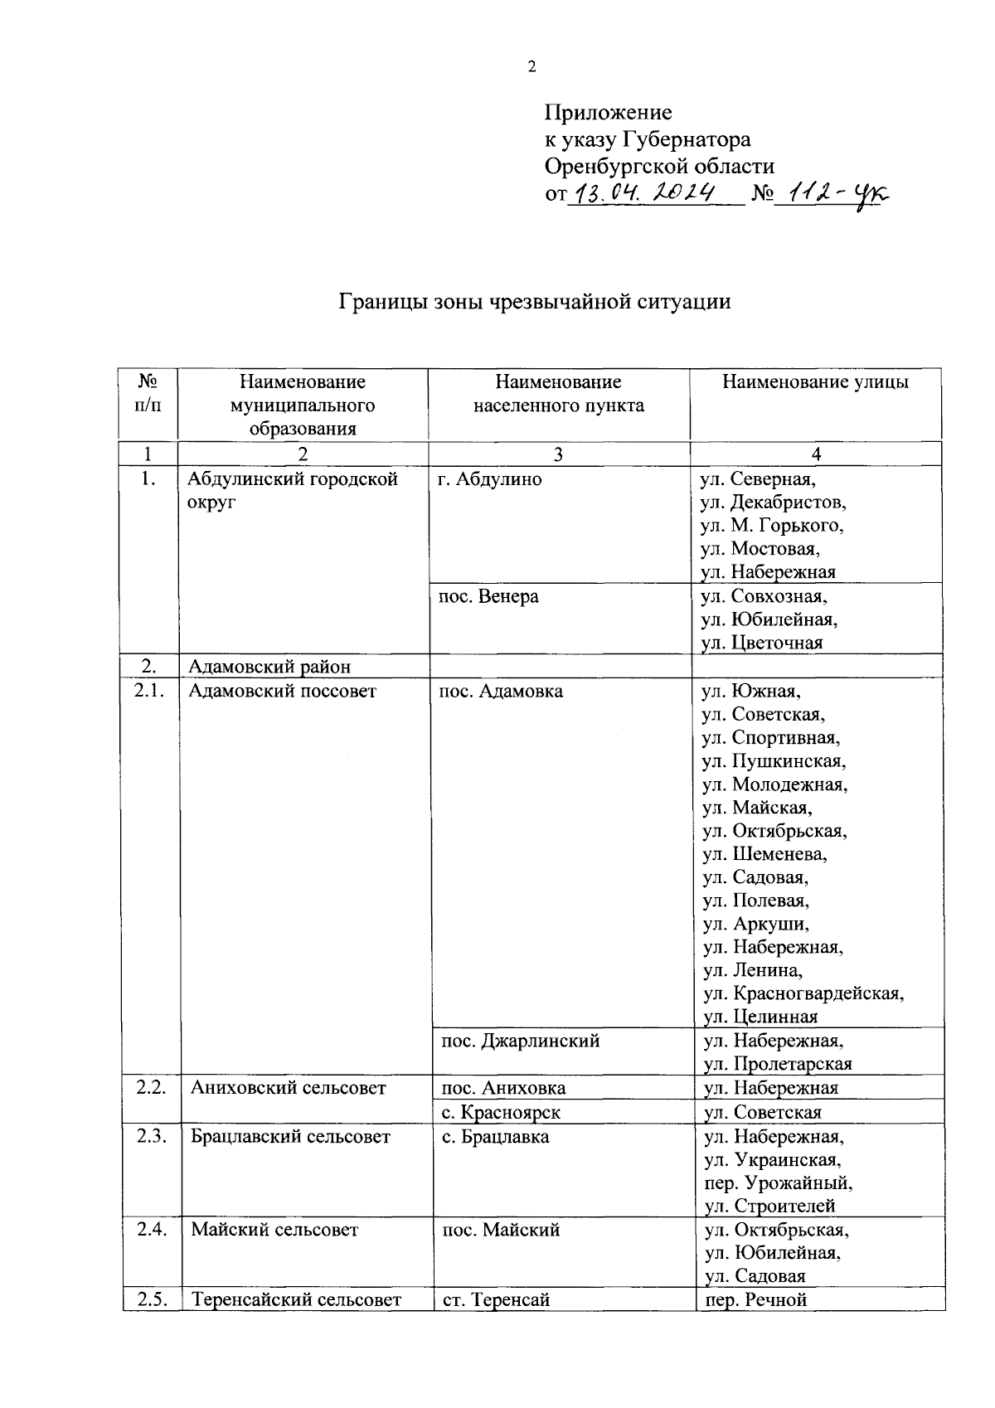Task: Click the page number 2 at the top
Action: click(531, 67)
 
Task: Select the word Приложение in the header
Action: click(608, 112)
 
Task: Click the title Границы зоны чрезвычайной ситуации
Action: click(535, 301)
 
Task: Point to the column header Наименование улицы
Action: click(815, 381)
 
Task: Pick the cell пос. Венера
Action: click(488, 595)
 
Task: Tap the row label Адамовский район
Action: click(269, 666)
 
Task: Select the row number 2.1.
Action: click(149, 690)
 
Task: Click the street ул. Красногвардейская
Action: click(803, 993)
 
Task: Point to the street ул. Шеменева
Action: click(764, 853)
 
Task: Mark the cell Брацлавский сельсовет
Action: click(290, 1136)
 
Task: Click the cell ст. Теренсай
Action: click(496, 1299)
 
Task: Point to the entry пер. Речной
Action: click(755, 1299)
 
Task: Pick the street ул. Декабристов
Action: click(773, 502)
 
